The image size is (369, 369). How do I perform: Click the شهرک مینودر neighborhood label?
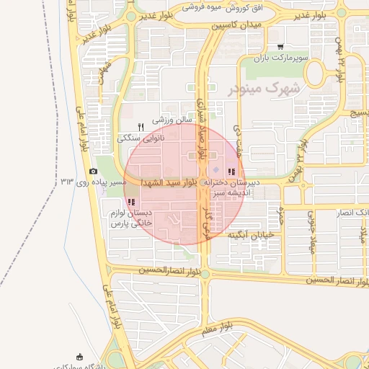click(266, 88)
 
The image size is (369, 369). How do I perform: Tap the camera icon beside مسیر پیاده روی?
click(93, 172)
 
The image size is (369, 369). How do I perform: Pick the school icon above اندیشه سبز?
click(231, 172)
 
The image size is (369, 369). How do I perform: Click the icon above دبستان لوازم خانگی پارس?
click(130, 203)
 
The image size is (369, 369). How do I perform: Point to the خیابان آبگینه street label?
click(252, 236)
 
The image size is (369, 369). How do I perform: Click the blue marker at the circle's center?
click(215, 170)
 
